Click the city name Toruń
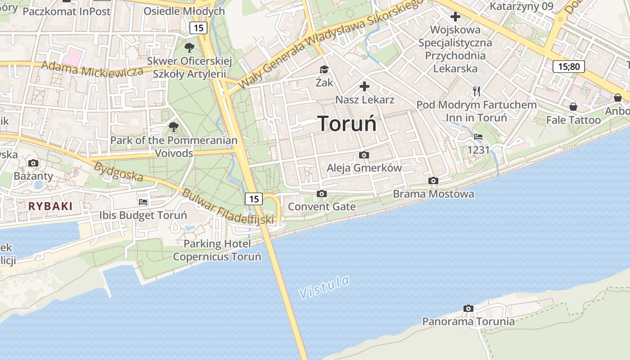pyautogui.click(x=347, y=123)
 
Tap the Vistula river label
pyautogui.click(x=324, y=287)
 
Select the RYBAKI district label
pyautogui.click(x=50, y=206)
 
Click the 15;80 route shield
pyautogui.click(x=569, y=67)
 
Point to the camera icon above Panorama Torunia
pyautogui.click(x=468, y=308)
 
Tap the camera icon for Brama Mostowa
pyautogui.click(x=433, y=180)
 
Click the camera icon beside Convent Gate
pyautogui.click(x=321, y=193)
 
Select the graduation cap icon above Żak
pyautogui.click(x=324, y=69)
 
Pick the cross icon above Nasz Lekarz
pyautogui.click(x=364, y=86)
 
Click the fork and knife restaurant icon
pyautogui.click(x=477, y=91)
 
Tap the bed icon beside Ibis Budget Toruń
pyautogui.click(x=143, y=202)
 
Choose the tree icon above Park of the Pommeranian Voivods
pyautogui.click(x=174, y=127)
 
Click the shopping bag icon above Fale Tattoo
pyautogui.click(x=573, y=107)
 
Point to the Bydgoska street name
pyautogui.click(x=118, y=171)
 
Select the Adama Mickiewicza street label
pyautogui.click(x=92, y=69)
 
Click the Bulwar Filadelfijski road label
pyautogui.click(x=228, y=206)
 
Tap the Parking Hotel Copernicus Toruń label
pyautogui.click(x=217, y=250)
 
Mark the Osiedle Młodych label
pyautogui.click(x=184, y=11)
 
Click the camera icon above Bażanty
pyautogui.click(x=33, y=163)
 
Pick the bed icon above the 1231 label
pyautogui.click(x=478, y=136)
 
